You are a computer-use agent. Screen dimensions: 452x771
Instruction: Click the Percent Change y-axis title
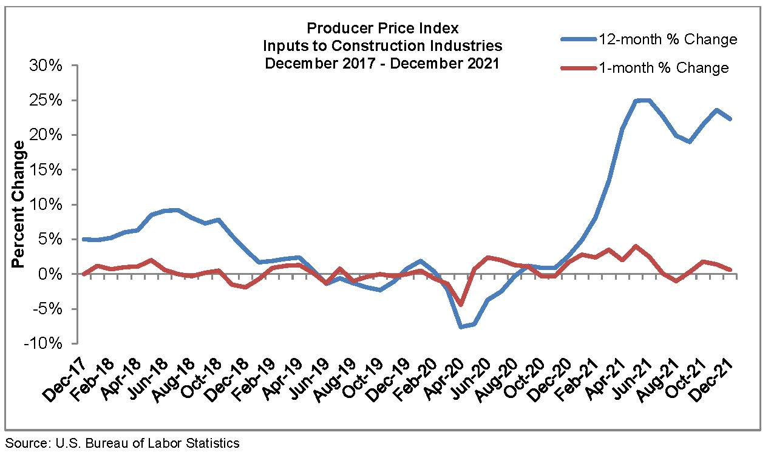(18, 204)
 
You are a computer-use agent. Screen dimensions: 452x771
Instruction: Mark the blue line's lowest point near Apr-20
(461, 327)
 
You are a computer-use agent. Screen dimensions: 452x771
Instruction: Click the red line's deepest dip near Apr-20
(461, 305)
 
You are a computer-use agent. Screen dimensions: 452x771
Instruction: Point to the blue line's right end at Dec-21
(730, 119)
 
